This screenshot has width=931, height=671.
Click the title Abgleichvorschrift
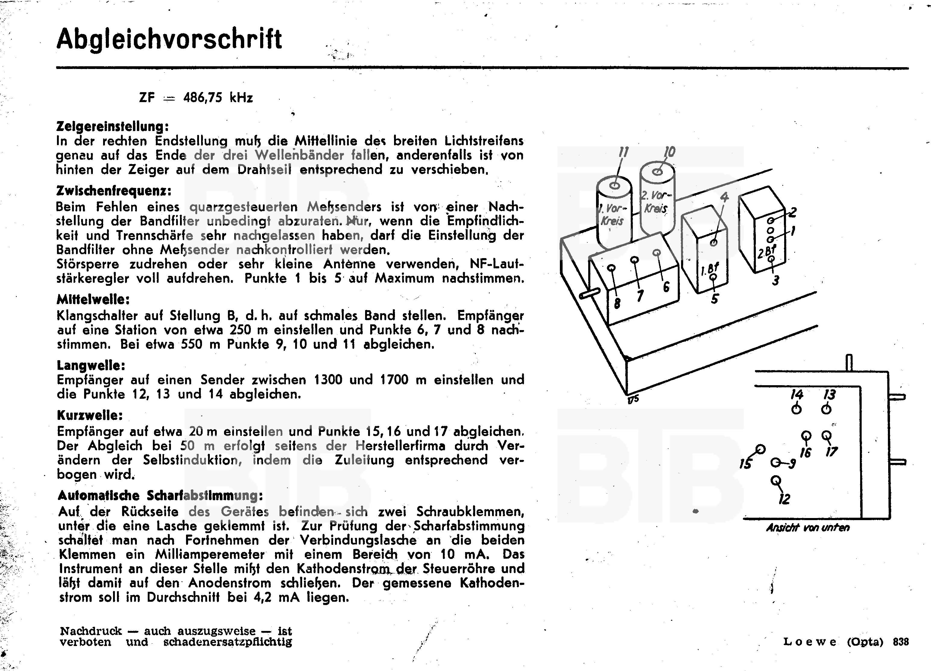point(169,40)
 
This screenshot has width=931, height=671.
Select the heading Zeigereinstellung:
point(112,126)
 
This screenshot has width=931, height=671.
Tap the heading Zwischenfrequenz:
point(114,191)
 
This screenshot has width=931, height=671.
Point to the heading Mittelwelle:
point(93,300)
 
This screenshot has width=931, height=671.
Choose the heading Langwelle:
point(91,365)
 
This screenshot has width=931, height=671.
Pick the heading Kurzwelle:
point(90,416)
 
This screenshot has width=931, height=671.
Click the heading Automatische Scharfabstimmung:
point(160,495)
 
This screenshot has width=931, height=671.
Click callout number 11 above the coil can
point(623,153)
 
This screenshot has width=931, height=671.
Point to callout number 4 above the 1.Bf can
point(724,197)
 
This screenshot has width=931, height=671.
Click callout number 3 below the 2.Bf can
point(775,281)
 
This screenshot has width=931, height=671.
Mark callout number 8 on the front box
point(617,304)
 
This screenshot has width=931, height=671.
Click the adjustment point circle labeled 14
point(796,409)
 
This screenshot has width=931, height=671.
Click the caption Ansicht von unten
point(807,527)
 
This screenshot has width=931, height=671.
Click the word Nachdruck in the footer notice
point(91,631)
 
